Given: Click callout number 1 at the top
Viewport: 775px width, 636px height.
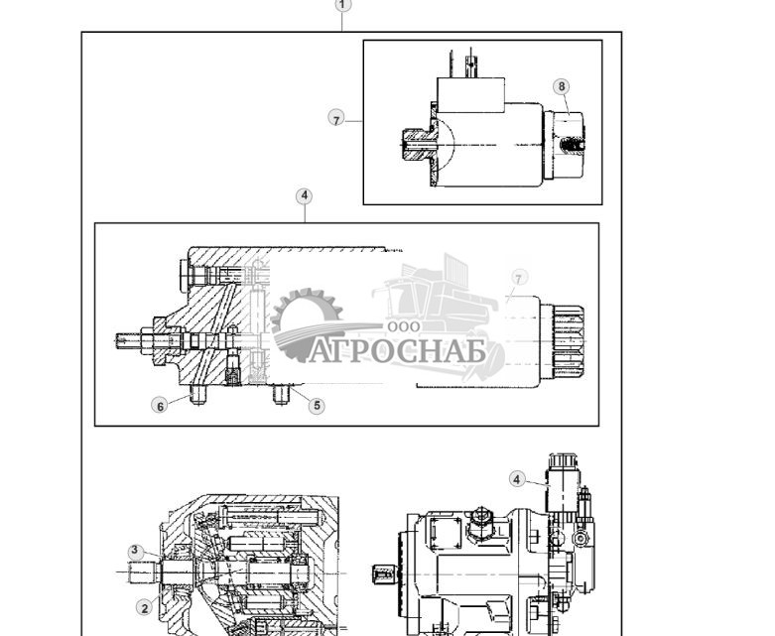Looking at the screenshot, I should (342, 5).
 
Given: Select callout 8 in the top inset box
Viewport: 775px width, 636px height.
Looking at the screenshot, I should (562, 86).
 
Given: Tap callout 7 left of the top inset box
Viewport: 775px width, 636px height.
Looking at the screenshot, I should (336, 119).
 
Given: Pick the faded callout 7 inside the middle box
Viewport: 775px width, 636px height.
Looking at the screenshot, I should (518, 279).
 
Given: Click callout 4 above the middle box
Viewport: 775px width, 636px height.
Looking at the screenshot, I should (305, 196).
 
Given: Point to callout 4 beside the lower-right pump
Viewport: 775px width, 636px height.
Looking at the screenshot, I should (516, 479).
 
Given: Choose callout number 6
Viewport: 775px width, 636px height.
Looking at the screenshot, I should (160, 406).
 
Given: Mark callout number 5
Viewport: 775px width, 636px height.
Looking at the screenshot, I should (317, 405).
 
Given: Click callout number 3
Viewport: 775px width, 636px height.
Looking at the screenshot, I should (136, 552).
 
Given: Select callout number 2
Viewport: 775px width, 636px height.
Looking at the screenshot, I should (144, 608).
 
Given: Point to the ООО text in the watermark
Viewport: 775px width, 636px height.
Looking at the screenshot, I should (404, 326).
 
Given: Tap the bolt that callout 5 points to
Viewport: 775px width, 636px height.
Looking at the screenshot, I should (281, 394).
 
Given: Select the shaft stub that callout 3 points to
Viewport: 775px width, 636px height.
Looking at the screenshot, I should (147, 573).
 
